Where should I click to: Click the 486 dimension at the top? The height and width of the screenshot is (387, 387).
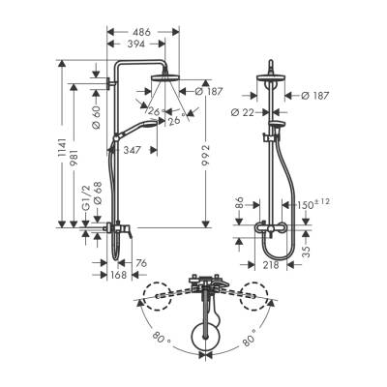point(141,31)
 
